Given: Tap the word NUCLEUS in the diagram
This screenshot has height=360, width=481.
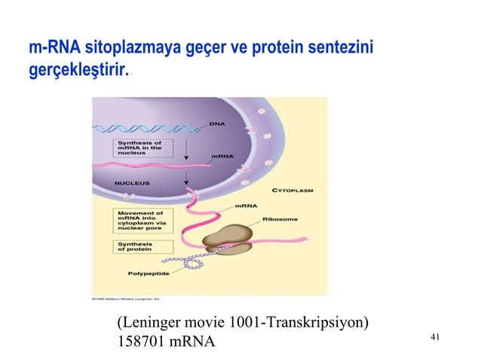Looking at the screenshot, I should click(132, 182).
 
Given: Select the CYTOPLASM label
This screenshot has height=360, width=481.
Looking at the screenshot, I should click(292, 191).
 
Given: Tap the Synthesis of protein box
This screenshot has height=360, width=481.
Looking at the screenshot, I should click(136, 249).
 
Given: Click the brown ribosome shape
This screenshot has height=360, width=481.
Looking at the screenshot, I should click(228, 235).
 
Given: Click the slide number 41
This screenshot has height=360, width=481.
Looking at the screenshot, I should click(434, 337).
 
